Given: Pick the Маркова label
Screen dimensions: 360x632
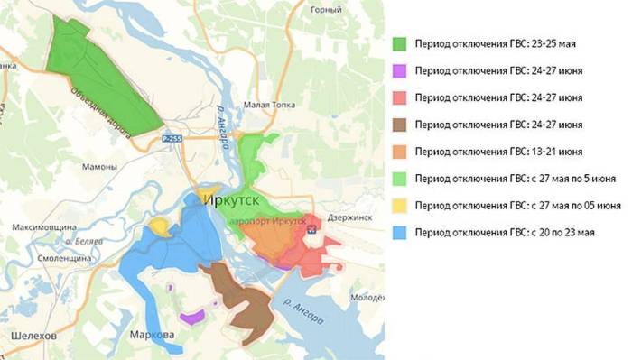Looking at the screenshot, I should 152,336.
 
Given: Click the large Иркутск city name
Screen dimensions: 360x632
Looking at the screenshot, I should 239,198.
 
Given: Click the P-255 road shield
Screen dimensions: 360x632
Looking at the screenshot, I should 173,139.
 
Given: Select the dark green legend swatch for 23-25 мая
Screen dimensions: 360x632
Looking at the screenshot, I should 401,43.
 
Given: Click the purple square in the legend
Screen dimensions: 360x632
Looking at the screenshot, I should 401,70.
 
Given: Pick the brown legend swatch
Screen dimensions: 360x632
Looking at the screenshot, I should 401,125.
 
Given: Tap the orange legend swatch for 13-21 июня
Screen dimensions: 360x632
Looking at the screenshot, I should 401,152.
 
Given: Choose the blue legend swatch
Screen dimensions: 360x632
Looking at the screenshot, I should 401,233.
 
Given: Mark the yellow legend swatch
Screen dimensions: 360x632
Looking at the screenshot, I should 401,206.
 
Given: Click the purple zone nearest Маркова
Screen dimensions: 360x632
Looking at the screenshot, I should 191,317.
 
